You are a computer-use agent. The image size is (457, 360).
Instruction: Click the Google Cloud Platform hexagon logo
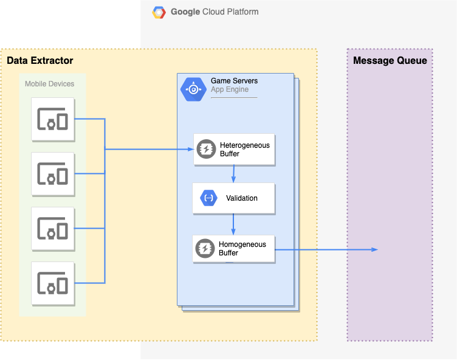[159, 12]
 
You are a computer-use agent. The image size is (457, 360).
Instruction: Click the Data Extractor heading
[40, 61]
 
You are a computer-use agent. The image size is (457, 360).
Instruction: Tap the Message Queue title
[390, 61]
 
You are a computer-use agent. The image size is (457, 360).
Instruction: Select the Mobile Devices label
[50, 84]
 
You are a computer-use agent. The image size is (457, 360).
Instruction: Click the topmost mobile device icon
[53, 119]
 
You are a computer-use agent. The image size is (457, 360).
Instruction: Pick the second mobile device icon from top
[53, 174]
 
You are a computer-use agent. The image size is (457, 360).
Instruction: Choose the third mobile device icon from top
[53, 229]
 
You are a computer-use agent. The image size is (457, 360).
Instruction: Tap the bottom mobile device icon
[53, 283]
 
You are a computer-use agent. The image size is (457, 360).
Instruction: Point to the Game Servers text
[234, 81]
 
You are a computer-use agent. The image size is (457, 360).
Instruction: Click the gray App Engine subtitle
[230, 90]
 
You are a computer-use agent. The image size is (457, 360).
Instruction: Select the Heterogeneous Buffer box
[234, 150]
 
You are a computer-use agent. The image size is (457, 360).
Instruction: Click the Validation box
[234, 198]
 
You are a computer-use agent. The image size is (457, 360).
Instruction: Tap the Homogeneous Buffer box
[234, 249]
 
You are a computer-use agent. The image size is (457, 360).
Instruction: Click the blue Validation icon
[208, 198]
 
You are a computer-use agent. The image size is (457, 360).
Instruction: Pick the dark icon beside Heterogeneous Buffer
[205, 150]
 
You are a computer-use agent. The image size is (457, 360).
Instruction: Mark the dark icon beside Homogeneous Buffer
[204, 249]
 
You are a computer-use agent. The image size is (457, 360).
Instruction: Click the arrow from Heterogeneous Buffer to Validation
[233, 173]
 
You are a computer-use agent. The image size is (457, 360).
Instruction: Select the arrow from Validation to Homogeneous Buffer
[233, 224]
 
